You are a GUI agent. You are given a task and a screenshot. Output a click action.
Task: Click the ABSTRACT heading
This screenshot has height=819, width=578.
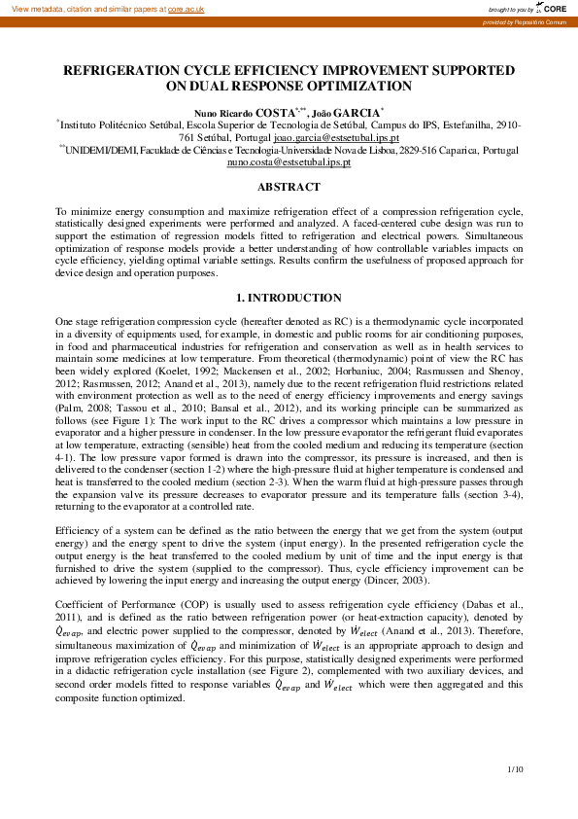(x=289, y=187)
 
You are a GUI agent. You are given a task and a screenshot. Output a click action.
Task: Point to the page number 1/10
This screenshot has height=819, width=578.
(x=515, y=770)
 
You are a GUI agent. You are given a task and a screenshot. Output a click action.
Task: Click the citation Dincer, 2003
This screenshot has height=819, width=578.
(x=393, y=580)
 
